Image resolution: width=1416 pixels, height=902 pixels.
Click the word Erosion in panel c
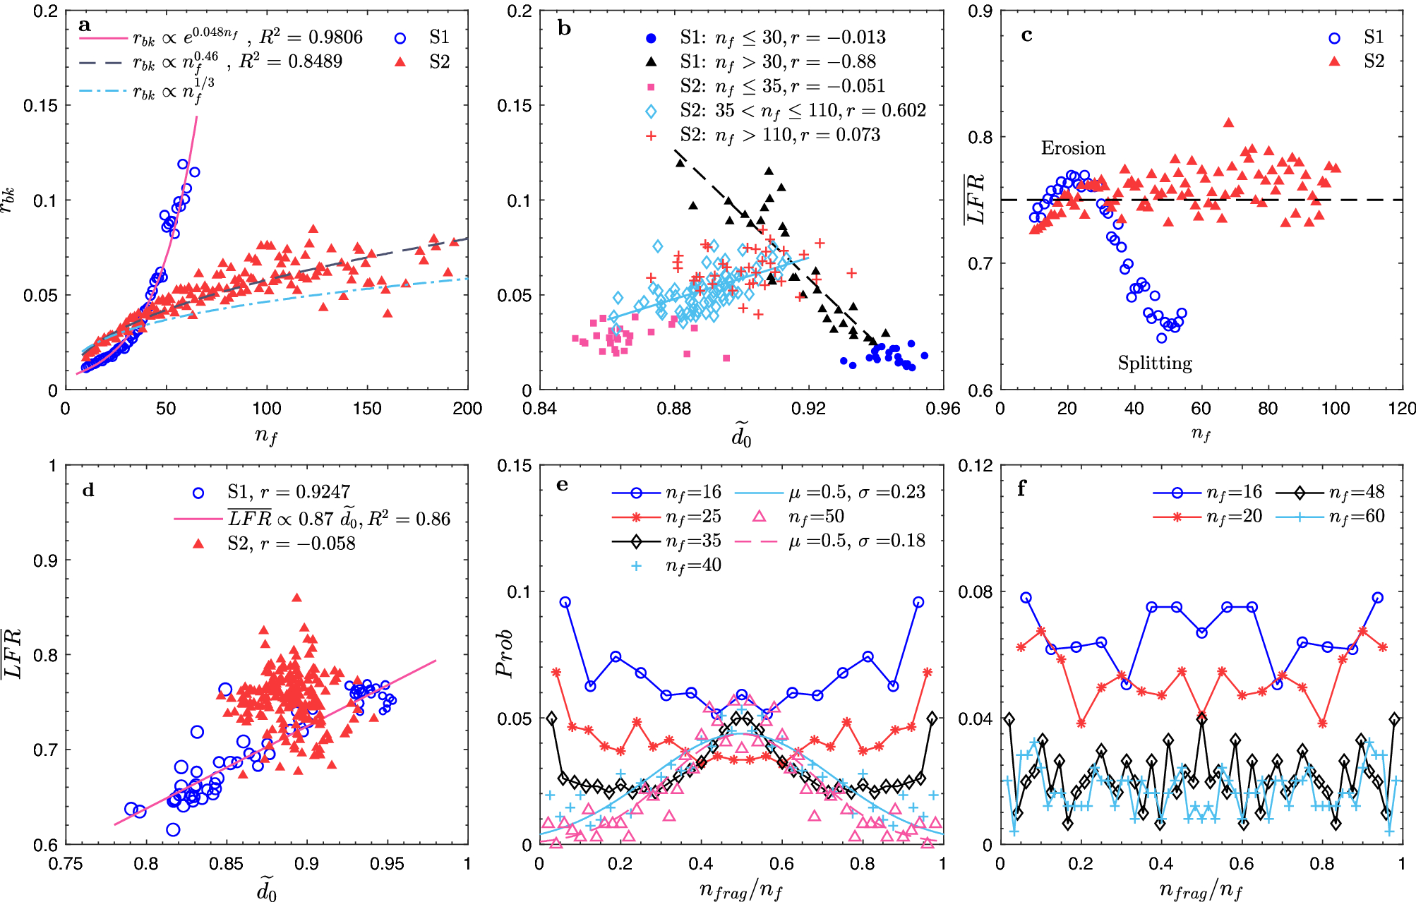click(1072, 148)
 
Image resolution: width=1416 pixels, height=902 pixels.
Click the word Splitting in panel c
click(1154, 363)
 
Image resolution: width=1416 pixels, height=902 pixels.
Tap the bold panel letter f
click(1021, 488)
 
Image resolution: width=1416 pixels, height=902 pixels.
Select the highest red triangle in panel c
click(1228, 123)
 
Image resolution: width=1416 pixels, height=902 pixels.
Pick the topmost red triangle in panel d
click(296, 598)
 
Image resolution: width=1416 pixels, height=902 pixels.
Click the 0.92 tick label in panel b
click(808, 409)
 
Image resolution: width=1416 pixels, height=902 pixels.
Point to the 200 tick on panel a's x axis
click(467, 409)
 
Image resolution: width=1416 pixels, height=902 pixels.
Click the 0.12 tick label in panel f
click(976, 465)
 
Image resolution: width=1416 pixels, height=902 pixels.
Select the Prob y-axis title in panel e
click(505, 654)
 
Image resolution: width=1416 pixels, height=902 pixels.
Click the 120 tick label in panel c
click(1402, 409)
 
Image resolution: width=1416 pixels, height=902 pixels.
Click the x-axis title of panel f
click(1201, 891)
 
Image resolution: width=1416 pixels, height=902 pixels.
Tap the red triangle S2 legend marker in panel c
click(1334, 62)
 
